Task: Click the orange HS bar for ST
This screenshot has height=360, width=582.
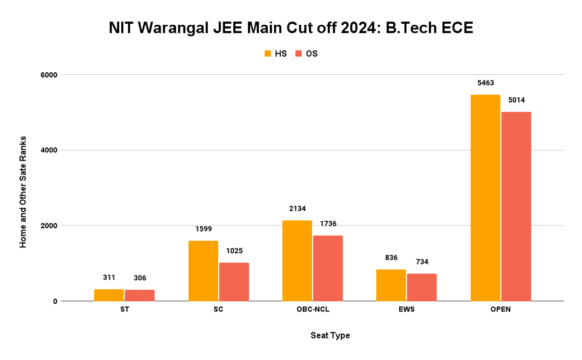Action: pyautogui.click(x=109, y=295)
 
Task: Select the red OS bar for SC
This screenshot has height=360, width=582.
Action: pyautogui.click(x=234, y=282)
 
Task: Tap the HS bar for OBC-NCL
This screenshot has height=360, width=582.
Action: pyautogui.click(x=297, y=261)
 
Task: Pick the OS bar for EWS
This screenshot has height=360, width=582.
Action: pyautogui.click(x=421, y=287)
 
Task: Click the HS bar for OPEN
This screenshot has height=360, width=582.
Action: pyautogui.click(x=485, y=198)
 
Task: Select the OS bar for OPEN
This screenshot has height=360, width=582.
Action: pyautogui.click(x=516, y=207)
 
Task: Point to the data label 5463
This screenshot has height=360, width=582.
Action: pyautogui.click(x=485, y=83)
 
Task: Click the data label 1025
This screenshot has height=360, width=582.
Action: pyautogui.click(x=234, y=251)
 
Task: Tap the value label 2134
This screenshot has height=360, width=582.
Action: pyautogui.click(x=297, y=209)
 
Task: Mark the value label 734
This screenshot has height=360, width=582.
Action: pyautogui.click(x=421, y=262)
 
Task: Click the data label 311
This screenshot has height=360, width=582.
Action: pyautogui.click(x=109, y=278)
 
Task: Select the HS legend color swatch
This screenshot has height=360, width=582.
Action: pyautogui.click(x=268, y=54)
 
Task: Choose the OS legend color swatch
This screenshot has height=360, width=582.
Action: pyautogui.click(x=299, y=54)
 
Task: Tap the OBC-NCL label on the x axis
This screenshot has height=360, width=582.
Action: pyautogui.click(x=312, y=310)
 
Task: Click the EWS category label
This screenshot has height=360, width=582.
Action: pyautogui.click(x=406, y=310)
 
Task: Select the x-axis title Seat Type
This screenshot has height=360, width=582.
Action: pyautogui.click(x=330, y=335)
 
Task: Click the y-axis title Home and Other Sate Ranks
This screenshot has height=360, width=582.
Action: pyautogui.click(x=23, y=192)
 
